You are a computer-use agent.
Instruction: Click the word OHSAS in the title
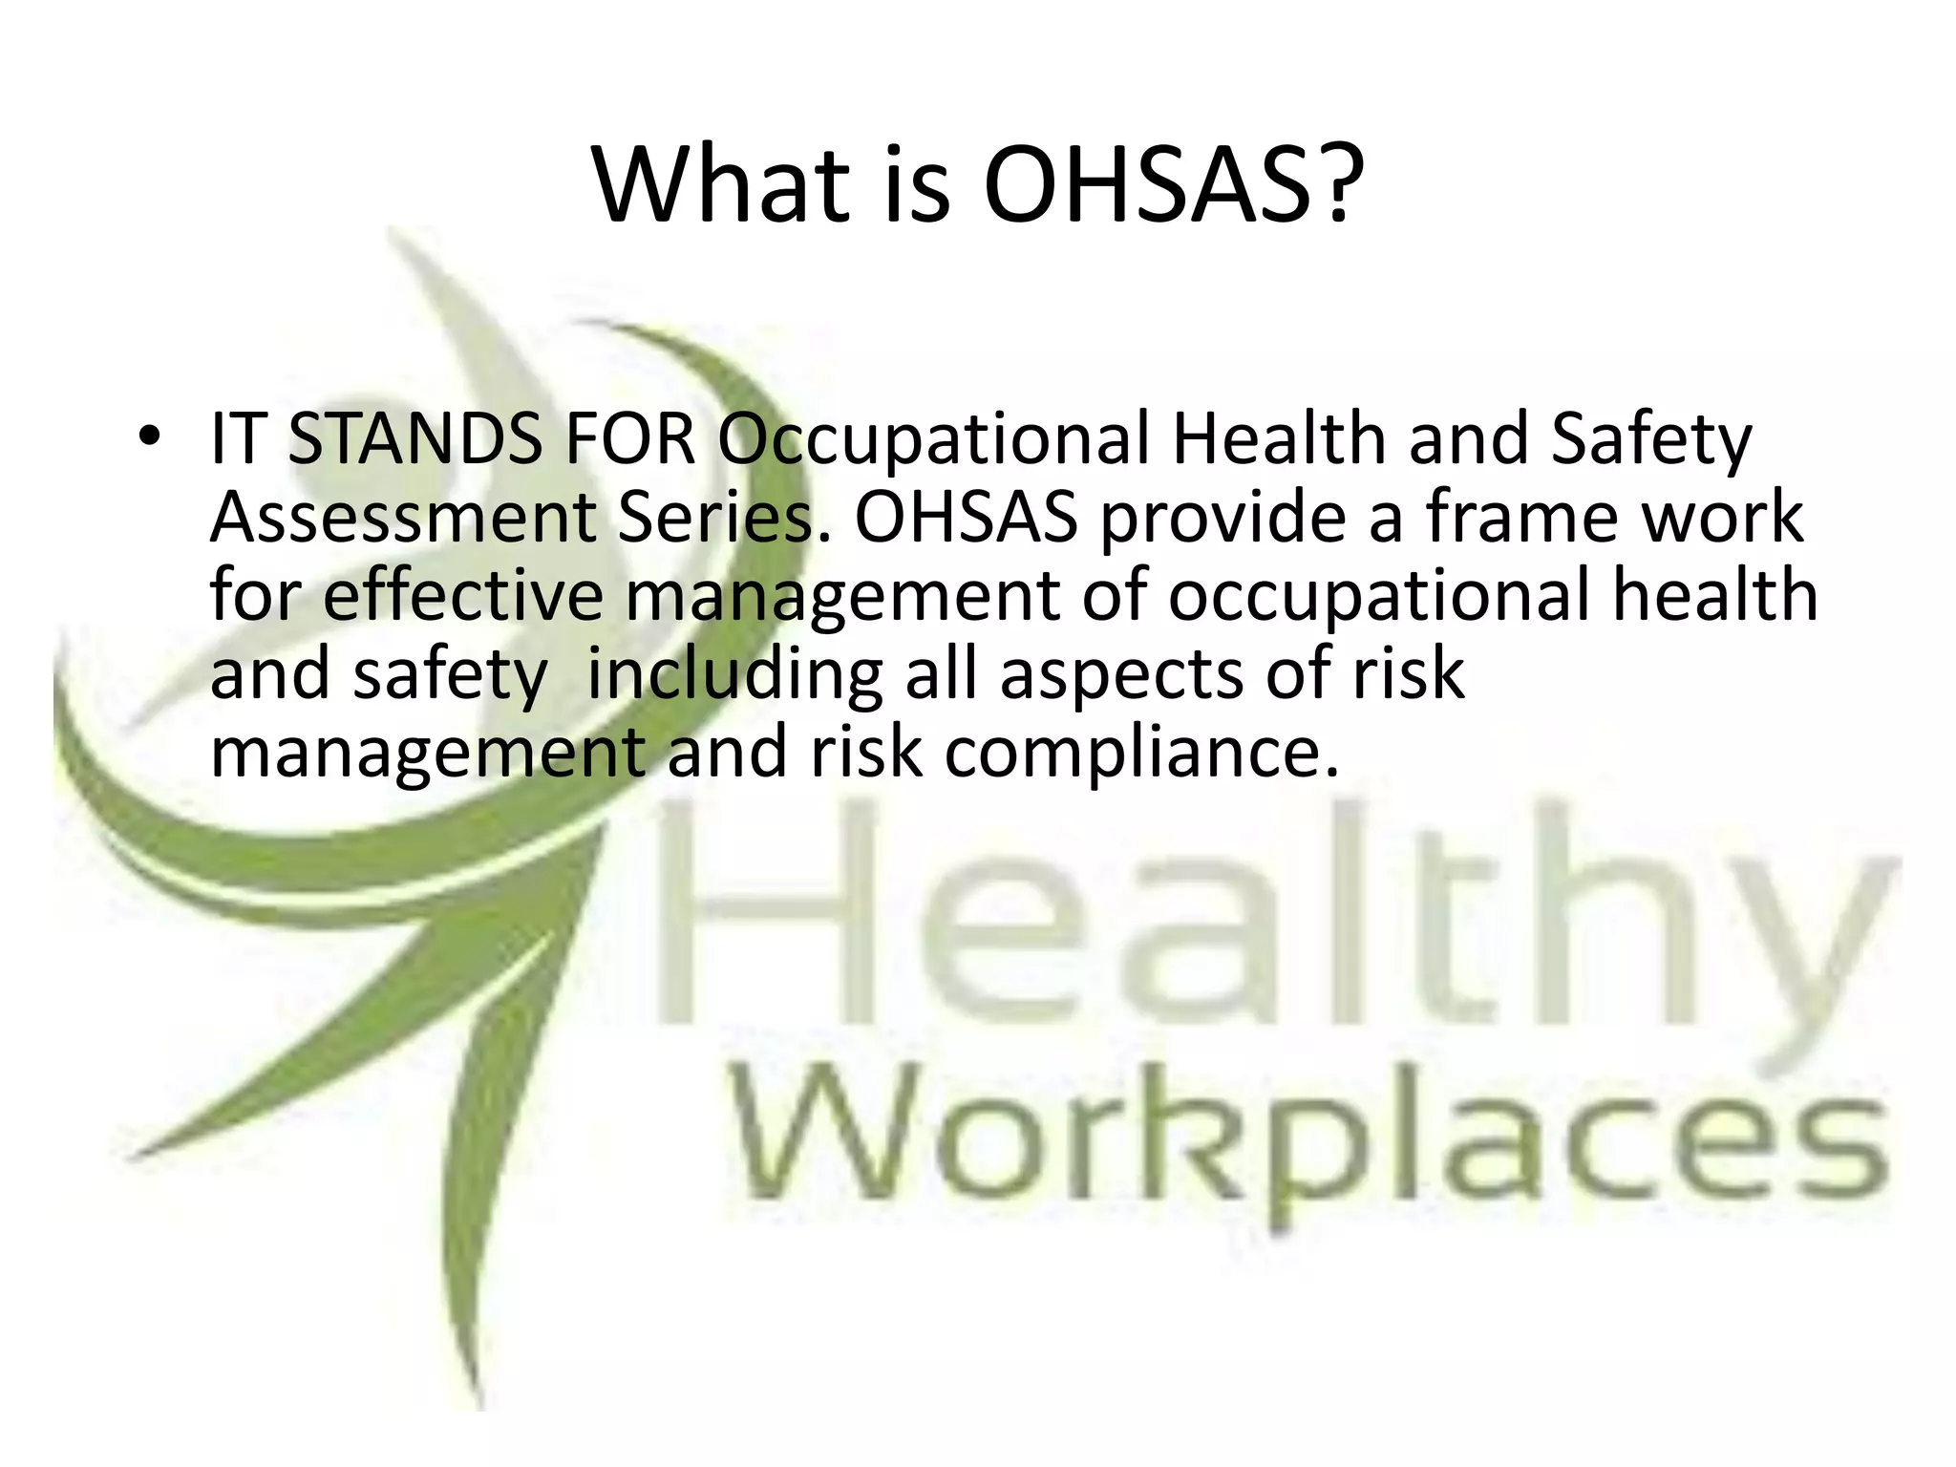(1147, 184)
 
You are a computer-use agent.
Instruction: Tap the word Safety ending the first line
(1651, 442)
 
